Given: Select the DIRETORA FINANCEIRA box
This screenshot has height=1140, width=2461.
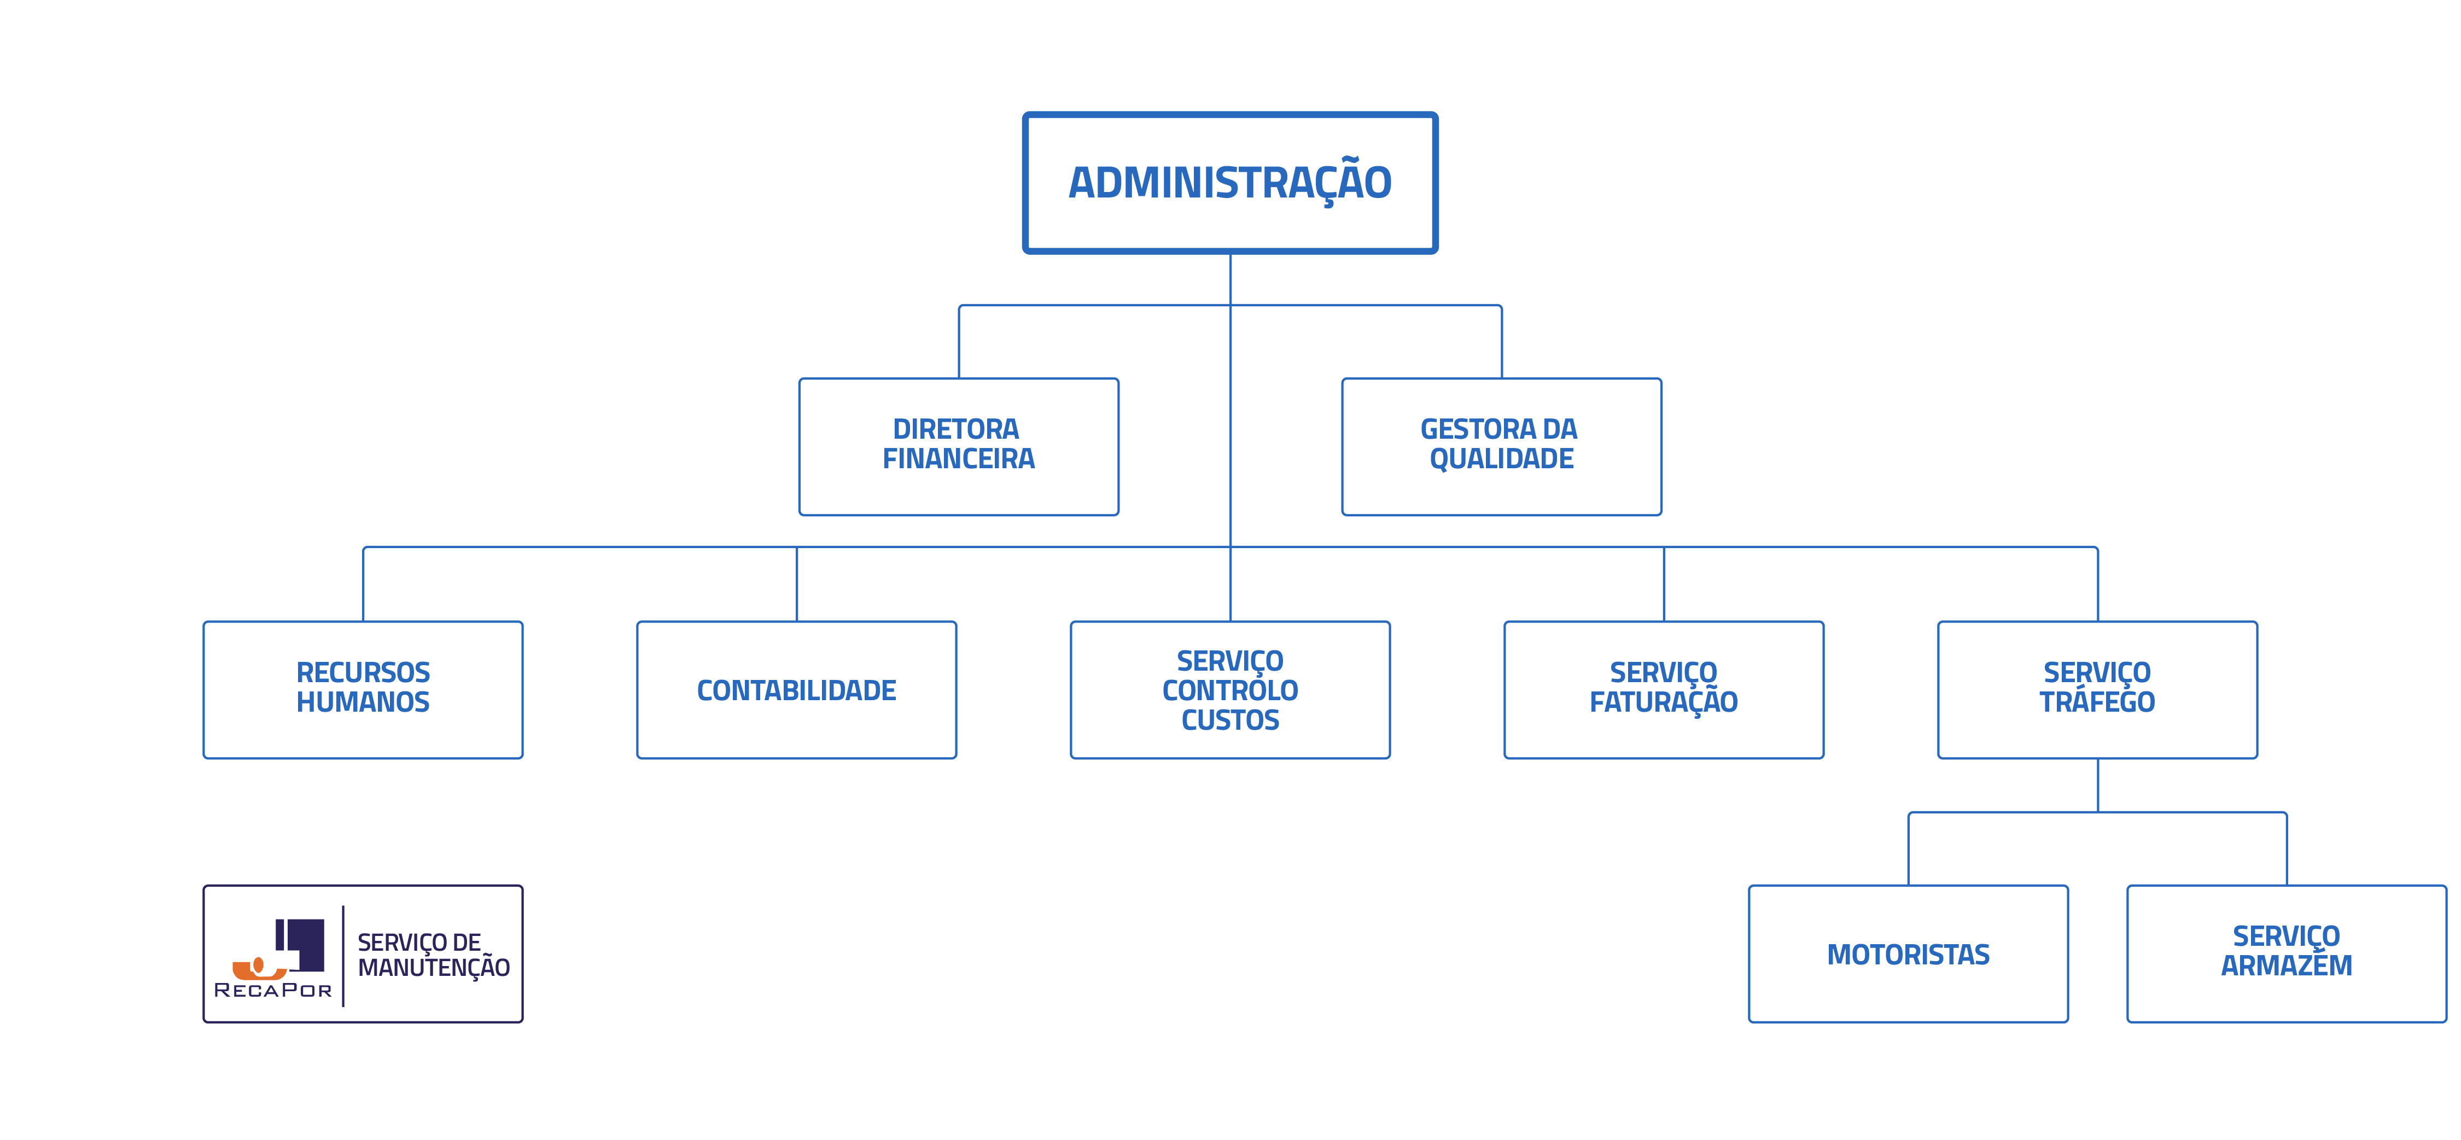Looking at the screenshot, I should click(958, 446).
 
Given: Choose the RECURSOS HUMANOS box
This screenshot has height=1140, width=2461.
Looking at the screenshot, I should click(363, 689).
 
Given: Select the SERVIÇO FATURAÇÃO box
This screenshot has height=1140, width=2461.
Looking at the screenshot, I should click(1663, 689).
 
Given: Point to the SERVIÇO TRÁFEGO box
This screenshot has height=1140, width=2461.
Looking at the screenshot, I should click(2097, 689).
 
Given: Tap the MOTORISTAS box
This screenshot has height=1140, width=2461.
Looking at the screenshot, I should click(1908, 953).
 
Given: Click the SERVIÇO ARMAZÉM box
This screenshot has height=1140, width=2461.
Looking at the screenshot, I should click(2286, 953).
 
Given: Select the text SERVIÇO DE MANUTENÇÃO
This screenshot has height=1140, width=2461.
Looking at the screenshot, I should click(433, 955).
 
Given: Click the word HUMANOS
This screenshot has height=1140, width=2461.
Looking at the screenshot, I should click(363, 702).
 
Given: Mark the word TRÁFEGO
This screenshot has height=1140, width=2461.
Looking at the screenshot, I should click(2097, 702).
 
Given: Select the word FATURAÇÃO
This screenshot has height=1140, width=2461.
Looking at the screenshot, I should click(1663, 702).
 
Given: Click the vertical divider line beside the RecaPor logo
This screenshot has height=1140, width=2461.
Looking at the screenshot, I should click(343, 956).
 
